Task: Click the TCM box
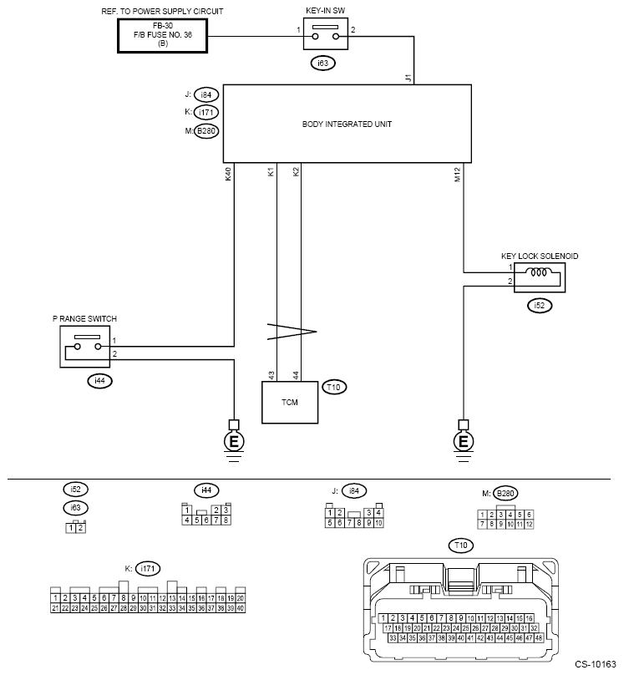(290, 402)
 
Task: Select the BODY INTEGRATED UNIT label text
(347, 124)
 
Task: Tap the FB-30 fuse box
(163, 36)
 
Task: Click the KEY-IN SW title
(325, 11)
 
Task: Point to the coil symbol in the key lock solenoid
(538, 272)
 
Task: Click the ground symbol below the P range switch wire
(234, 441)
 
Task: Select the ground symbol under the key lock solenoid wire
(464, 441)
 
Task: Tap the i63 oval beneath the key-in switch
(322, 63)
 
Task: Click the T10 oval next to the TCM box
(334, 388)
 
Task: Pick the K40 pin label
(229, 174)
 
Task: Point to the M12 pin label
(458, 175)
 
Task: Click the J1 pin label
(408, 78)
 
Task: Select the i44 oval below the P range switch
(99, 381)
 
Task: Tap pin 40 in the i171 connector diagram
(241, 608)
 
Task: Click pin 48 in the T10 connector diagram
(538, 638)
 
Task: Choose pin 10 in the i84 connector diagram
(378, 523)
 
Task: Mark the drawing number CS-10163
(596, 665)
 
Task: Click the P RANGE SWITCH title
(84, 319)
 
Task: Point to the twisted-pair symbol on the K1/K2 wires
(292, 332)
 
